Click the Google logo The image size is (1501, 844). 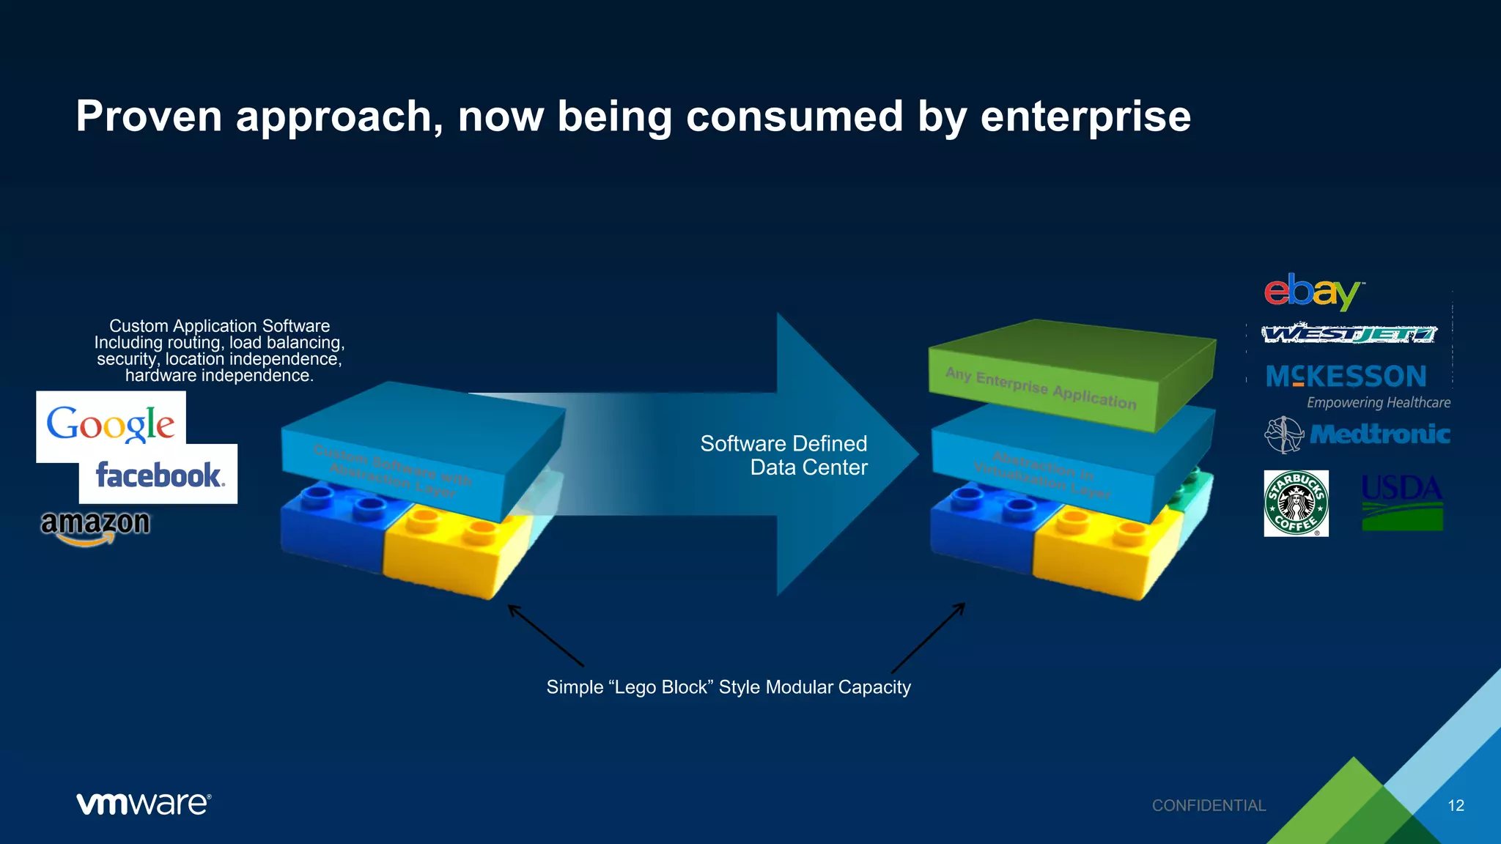tap(111, 423)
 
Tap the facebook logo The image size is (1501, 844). tap(159, 475)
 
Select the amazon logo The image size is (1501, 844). tap(95, 526)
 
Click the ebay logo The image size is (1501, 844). tap(1312, 292)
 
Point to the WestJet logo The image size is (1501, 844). tap(1349, 334)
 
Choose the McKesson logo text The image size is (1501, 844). tap(1346, 377)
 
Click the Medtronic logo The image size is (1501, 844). tap(1358, 434)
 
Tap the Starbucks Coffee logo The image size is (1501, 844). tap(1296, 503)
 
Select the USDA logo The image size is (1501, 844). tap(1402, 502)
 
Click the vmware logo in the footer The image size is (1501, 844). tap(144, 804)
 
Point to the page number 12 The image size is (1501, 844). tap(1456, 806)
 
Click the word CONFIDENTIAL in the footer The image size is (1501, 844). tap(1209, 806)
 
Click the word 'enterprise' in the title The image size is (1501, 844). tap(1085, 116)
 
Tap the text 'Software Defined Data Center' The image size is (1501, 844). tap(784, 455)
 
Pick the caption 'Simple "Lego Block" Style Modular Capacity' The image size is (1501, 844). tap(729, 687)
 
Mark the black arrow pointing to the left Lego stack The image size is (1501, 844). tap(546, 635)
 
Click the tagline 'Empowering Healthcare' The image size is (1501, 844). tap(1378, 403)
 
